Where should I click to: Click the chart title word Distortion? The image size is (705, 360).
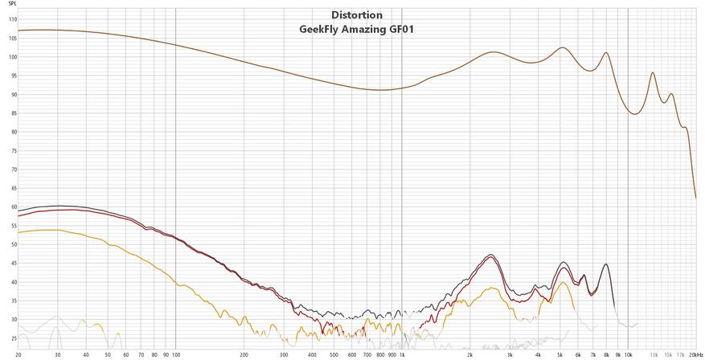(357, 14)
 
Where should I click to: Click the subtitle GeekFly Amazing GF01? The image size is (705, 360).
(357, 29)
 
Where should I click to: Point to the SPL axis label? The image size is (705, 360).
(12, 5)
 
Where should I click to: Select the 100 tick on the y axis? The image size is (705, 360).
(12, 57)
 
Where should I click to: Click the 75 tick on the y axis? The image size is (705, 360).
(12, 151)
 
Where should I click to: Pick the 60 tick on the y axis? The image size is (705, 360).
(12, 207)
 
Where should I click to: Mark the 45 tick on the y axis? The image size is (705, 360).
(12, 264)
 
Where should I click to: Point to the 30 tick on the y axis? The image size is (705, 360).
(12, 320)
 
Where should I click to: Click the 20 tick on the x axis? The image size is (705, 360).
(18, 354)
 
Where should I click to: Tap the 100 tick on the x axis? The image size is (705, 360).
(175, 354)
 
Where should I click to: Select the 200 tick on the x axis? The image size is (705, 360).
(244, 354)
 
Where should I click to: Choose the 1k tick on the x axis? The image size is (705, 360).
(402, 354)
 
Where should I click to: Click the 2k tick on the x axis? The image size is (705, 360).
(470, 354)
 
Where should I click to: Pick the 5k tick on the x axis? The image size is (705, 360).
(560, 354)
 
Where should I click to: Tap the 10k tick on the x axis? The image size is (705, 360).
(628, 354)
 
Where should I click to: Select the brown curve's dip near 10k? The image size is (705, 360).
(635, 114)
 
